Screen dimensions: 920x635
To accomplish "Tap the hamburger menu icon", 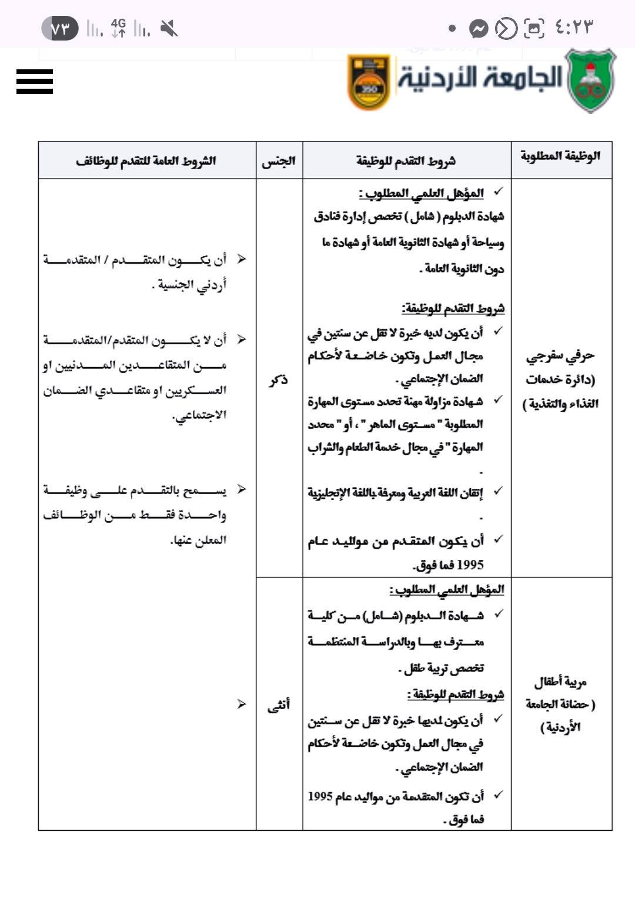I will (x=35, y=82).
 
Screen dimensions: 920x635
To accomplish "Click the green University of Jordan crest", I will (x=590, y=81).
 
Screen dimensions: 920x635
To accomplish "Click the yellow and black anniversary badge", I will (x=369, y=82).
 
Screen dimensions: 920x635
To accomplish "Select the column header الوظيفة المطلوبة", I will (x=560, y=156).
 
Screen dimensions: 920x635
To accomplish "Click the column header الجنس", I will (x=279, y=161).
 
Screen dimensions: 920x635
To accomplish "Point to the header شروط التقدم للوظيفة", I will (x=406, y=161).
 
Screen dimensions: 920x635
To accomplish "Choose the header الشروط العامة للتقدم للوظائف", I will (x=146, y=161).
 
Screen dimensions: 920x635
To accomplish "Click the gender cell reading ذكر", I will (x=279, y=380).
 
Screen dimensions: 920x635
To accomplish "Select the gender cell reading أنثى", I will (x=279, y=705).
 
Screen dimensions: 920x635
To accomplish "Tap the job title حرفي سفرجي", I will (x=560, y=356).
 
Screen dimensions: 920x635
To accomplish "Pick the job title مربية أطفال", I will (x=560, y=683).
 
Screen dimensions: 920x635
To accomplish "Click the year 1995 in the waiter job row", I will (x=470, y=566).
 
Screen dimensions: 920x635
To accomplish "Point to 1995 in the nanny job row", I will (x=320, y=797).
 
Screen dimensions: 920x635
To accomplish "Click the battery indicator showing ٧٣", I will (x=60, y=28).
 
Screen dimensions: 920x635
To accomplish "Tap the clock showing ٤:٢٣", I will (x=574, y=28).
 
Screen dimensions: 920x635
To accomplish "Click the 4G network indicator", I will (x=119, y=28).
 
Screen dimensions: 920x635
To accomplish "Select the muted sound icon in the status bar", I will (x=169, y=28).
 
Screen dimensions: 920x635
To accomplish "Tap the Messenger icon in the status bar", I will (x=479, y=28).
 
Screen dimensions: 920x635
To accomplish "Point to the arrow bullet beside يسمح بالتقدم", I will (x=241, y=489).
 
